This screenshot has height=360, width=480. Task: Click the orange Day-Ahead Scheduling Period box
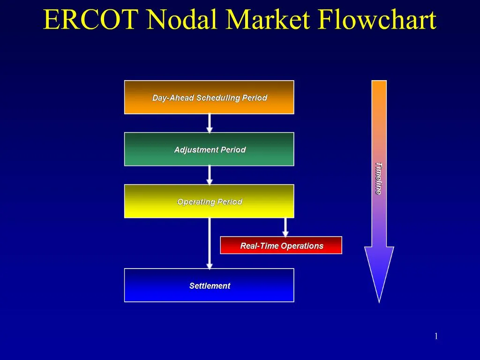(x=209, y=97)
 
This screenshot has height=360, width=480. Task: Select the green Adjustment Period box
(x=209, y=150)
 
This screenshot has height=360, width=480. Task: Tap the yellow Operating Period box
(x=209, y=202)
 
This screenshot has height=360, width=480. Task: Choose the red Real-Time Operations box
(x=281, y=246)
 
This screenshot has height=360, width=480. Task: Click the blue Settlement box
(x=209, y=285)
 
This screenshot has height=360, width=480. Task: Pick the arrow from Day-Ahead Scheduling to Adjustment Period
(x=210, y=123)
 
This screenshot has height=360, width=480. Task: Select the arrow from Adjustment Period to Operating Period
(x=210, y=175)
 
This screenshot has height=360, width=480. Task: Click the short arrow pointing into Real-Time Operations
(x=285, y=227)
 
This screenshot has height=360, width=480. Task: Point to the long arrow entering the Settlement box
(x=210, y=244)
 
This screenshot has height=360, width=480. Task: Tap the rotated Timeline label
(x=379, y=178)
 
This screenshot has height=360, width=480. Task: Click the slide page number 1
(x=436, y=336)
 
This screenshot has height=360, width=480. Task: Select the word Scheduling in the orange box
(x=218, y=98)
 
